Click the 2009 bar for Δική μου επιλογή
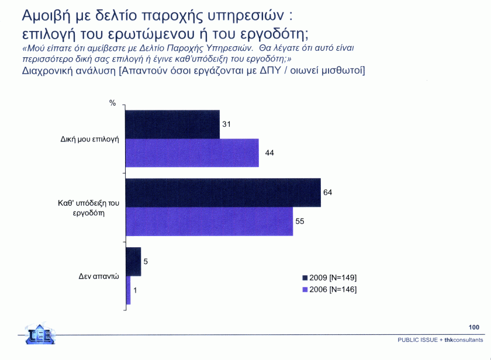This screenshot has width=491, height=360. (x=172, y=124)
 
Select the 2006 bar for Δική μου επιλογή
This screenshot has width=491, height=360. (x=192, y=153)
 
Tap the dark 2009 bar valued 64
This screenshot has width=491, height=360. (x=223, y=192)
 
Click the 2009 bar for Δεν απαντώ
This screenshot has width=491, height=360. (x=133, y=261)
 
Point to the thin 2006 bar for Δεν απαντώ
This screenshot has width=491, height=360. (x=128, y=290)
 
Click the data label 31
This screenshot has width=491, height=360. (x=227, y=124)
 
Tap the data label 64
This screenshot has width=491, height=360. (x=328, y=192)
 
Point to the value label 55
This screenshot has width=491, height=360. (x=300, y=221)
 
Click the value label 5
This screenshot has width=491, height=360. (x=146, y=262)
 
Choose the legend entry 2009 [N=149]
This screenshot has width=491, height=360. (x=329, y=277)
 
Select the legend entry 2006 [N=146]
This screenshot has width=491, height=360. (x=329, y=289)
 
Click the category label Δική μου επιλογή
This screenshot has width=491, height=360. (x=90, y=141)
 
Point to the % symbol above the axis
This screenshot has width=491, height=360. (x=112, y=103)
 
